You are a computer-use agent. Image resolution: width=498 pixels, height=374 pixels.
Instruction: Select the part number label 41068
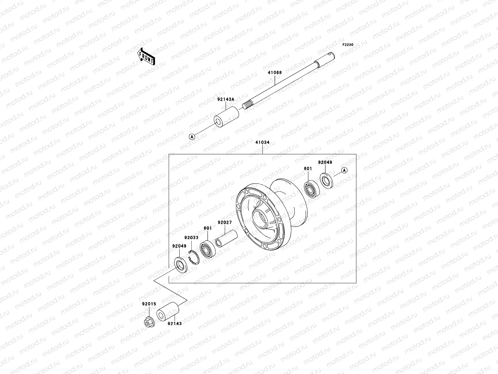click(x=275, y=73)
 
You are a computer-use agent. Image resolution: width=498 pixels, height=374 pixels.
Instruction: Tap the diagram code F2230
click(x=348, y=45)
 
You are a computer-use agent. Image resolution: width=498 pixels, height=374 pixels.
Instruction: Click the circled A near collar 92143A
click(x=192, y=136)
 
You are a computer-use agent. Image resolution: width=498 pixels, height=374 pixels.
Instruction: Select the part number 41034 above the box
click(x=262, y=142)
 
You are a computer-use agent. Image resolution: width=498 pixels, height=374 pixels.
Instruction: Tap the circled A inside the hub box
click(x=344, y=170)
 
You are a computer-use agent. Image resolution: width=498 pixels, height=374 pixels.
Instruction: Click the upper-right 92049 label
click(x=325, y=162)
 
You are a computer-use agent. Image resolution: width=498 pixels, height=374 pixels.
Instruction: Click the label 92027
click(x=225, y=223)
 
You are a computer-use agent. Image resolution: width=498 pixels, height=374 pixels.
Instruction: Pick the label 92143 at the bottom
click(x=175, y=324)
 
